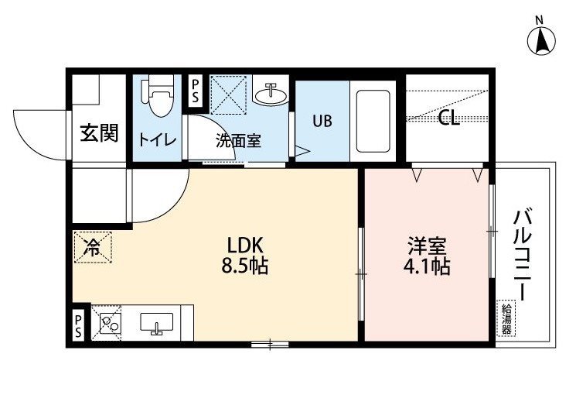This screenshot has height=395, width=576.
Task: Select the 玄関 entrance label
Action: pos(99,133)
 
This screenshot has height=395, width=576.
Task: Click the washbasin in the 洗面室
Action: pos(271,94)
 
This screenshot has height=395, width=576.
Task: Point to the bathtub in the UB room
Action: pos(373,121)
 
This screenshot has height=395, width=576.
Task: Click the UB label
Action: pos(322,121)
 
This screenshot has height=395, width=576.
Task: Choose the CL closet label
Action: pos(449,118)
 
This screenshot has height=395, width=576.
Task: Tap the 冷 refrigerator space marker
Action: pos(92,247)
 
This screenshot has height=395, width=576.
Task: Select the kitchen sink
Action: pos(157,323)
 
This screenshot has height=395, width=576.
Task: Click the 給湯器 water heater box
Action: pos(506,318)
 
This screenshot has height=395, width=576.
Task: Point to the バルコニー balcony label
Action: pos(522,254)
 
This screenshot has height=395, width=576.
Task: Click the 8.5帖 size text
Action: pos(244,266)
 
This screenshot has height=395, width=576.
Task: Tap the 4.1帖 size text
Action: pos(427,266)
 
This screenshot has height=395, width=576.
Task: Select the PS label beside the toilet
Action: pos(195,91)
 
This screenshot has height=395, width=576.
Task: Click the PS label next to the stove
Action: pos(78,326)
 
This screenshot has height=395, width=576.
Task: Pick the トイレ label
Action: pos(158,140)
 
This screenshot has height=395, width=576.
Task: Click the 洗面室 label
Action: pos(238,140)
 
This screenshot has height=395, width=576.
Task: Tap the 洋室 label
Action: pos(427,246)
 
